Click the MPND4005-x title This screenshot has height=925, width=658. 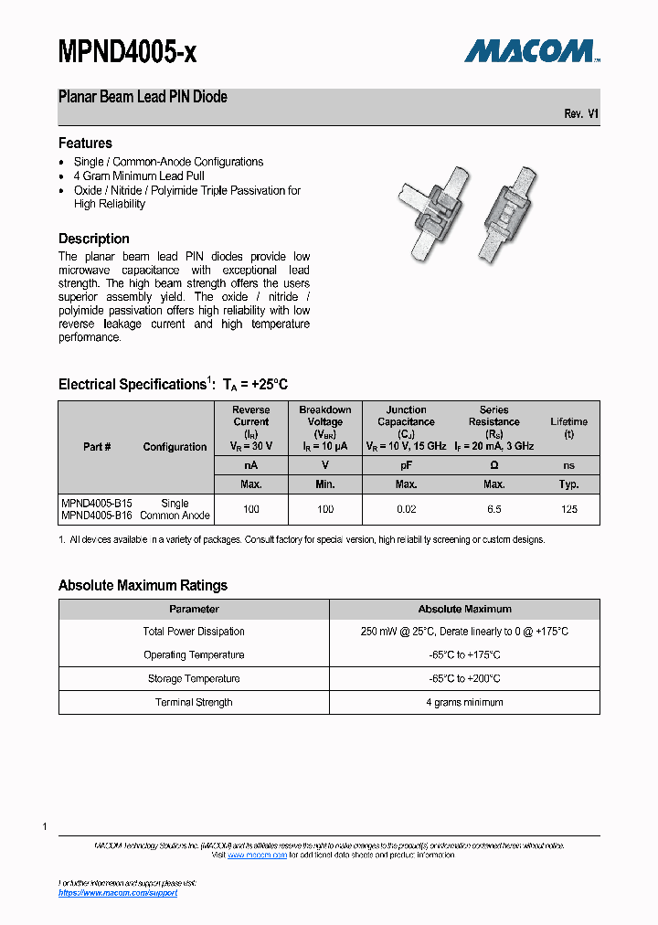click(127, 54)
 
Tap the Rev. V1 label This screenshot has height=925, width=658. click(581, 113)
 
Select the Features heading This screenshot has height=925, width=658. click(85, 144)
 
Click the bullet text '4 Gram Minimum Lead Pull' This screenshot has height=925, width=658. click(139, 176)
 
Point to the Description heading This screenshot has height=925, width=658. click(93, 239)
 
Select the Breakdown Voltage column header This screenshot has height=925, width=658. click(325, 422)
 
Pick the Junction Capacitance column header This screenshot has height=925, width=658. click(406, 422)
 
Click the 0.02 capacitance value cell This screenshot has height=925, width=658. click(406, 509)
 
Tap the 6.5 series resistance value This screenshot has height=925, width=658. click(493, 509)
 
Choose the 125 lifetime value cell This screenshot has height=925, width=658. click(569, 509)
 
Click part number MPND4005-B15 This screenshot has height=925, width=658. click(96, 504)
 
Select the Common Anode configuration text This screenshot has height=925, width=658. click(175, 516)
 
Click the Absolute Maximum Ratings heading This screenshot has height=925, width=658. click(143, 586)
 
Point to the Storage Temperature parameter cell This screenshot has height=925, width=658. click(194, 679)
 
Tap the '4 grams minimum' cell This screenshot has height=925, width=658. click(464, 703)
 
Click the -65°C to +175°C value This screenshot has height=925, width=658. click(464, 655)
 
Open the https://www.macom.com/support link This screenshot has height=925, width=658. click(118, 893)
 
